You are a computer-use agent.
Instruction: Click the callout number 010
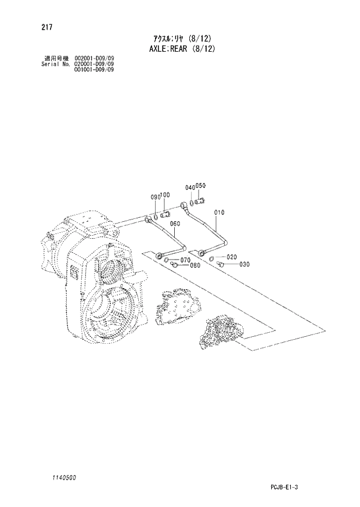(219, 213)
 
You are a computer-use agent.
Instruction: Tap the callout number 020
(232, 257)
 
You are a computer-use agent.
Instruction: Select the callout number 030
(244, 264)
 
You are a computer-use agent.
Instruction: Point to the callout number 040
(190, 188)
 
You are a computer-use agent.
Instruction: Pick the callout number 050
(200, 186)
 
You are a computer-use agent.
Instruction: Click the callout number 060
(175, 223)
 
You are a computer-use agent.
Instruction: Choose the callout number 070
(186, 260)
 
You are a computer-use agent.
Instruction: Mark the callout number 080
(195, 266)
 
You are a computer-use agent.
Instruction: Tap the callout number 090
(155, 197)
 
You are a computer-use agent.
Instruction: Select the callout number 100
(165, 195)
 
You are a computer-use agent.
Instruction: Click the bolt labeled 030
(221, 264)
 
